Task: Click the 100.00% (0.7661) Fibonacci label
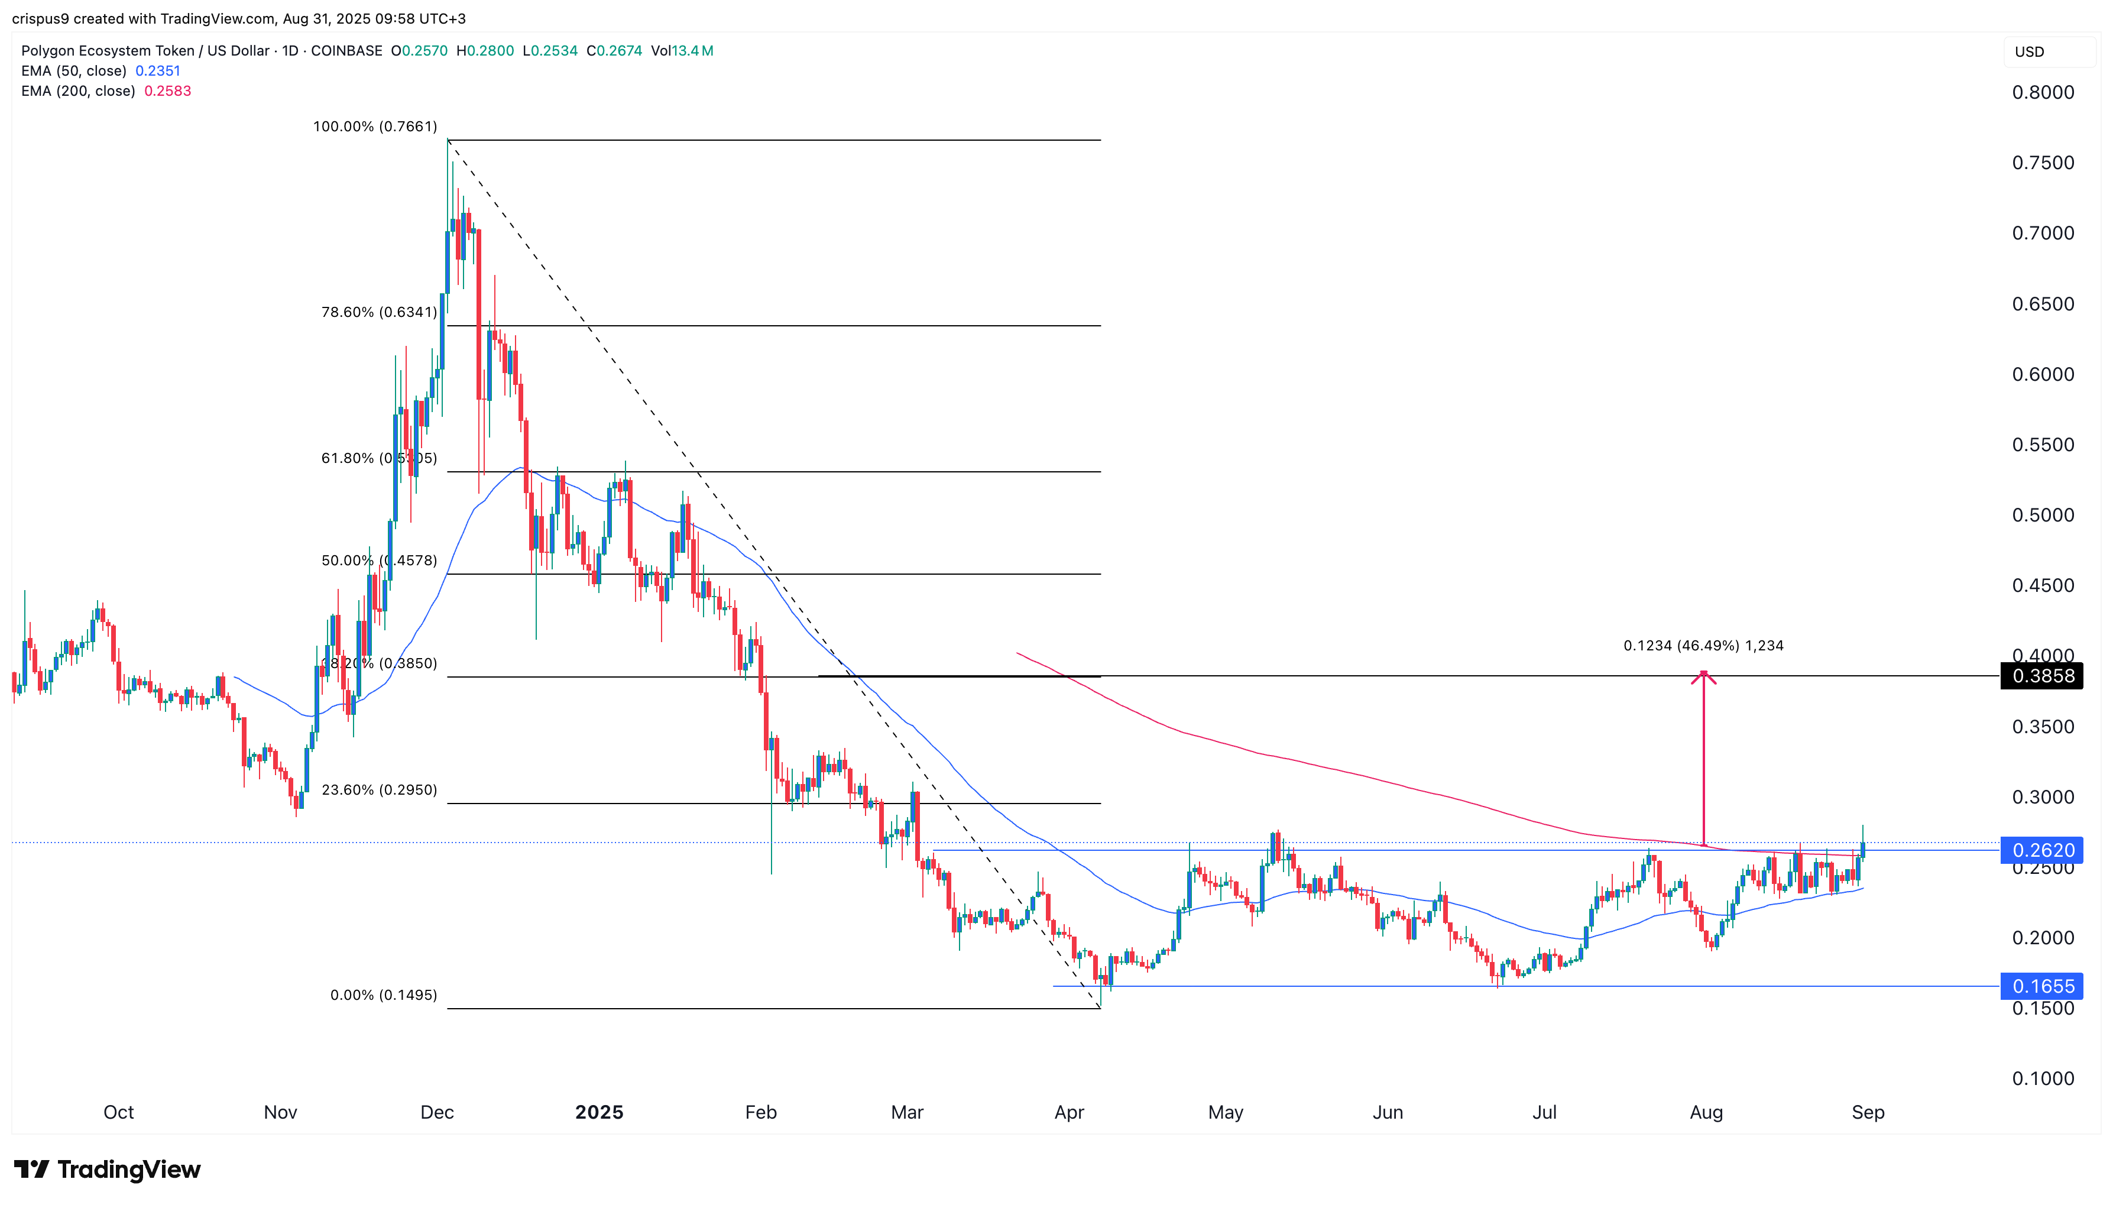375,127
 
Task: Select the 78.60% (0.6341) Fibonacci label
379,312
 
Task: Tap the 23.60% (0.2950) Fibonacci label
379,789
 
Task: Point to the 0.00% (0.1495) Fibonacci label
383,995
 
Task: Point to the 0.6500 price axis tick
2042,304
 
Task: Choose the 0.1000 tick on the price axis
2042,1078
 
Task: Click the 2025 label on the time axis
599,1112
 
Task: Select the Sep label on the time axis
1867,1112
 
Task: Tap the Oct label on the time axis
118,1112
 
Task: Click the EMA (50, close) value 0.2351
157,71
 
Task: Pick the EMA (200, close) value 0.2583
167,91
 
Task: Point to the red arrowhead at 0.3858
1703,676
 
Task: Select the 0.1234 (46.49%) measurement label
1703,646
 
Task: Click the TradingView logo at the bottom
108,1170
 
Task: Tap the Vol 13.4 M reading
682,50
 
